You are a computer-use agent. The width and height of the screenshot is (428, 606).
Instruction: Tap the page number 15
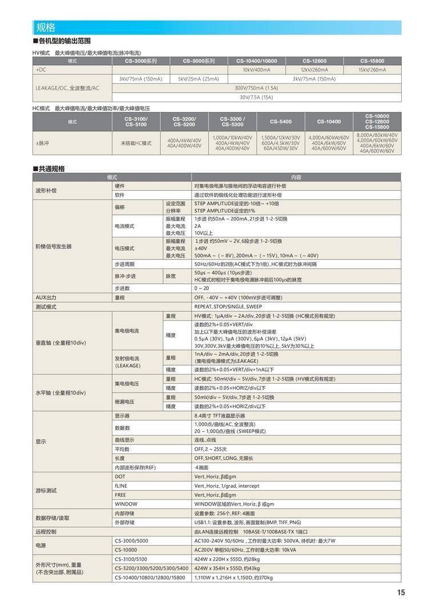tap(401, 592)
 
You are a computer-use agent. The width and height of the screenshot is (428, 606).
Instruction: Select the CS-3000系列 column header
tap(141, 61)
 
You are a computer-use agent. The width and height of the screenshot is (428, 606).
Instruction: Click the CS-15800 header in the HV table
tap(372, 61)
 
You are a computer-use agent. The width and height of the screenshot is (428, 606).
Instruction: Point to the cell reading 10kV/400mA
tap(256, 70)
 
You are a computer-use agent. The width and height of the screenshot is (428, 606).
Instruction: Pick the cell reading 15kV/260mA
tap(372, 70)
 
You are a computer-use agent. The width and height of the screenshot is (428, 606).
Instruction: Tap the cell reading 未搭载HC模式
tap(136, 143)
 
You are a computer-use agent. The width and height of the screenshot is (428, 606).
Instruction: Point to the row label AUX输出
tap(46, 298)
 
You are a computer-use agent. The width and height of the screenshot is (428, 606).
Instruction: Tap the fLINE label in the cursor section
tap(121, 485)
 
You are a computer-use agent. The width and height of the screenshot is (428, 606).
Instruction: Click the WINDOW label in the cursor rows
tap(126, 504)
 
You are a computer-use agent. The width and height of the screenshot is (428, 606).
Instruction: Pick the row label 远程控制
tap(46, 531)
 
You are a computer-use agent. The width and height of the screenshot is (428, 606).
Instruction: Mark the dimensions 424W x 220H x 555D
tap(218, 559)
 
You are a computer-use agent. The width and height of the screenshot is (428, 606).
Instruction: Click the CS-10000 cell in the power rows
tap(126, 549)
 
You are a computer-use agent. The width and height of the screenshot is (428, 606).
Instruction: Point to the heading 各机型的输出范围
tap(64, 41)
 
